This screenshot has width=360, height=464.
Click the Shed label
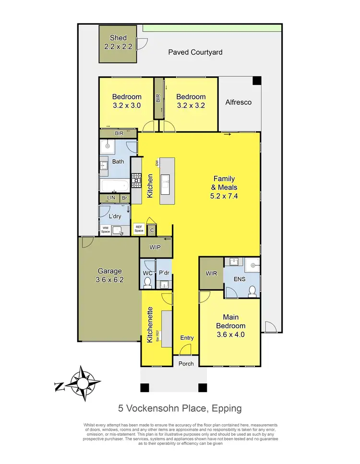pos(118,38)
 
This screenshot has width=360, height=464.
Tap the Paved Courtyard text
pos(195,52)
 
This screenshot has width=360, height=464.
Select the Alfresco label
pos(239,102)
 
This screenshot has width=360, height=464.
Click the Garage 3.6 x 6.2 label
pos(111,275)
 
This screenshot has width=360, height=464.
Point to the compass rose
pos(84,383)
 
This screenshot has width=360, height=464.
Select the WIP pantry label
pos(156,248)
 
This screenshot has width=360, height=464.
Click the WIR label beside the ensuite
pos(211,274)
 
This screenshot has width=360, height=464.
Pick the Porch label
pos(186,363)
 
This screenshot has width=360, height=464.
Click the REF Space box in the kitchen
pos(139,229)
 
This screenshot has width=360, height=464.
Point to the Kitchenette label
pos(150,324)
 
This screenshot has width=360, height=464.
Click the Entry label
pos(187,338)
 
